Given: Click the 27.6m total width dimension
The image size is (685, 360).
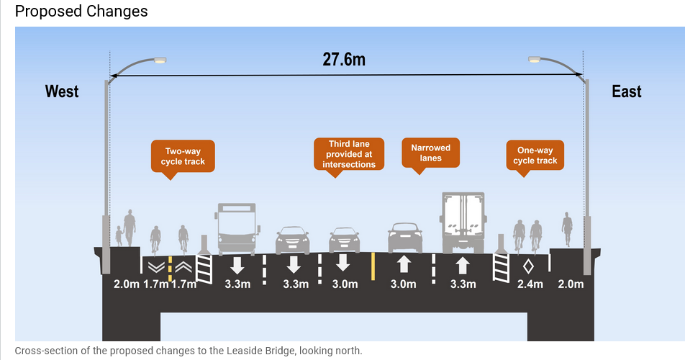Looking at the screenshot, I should pos(343,59).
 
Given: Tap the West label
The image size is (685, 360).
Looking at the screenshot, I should pos(62,91).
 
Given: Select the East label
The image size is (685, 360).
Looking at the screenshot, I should pos(626,91).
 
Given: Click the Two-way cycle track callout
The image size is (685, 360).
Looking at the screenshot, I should pos(183,156).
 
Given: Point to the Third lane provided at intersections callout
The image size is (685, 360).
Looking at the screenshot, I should pos(348,154).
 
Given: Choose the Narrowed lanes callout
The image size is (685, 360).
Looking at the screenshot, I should pos(430,153).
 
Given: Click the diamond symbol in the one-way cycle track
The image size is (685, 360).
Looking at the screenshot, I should pos(528,266).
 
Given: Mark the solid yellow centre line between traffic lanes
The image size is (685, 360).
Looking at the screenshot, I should pos(373,266).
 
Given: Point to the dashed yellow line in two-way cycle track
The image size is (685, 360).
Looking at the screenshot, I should pos(170,269).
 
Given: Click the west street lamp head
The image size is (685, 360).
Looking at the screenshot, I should pos(160,60).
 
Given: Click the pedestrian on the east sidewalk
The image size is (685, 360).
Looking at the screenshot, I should pos(568,229).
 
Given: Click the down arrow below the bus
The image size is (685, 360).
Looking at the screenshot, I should pos(236,264).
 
